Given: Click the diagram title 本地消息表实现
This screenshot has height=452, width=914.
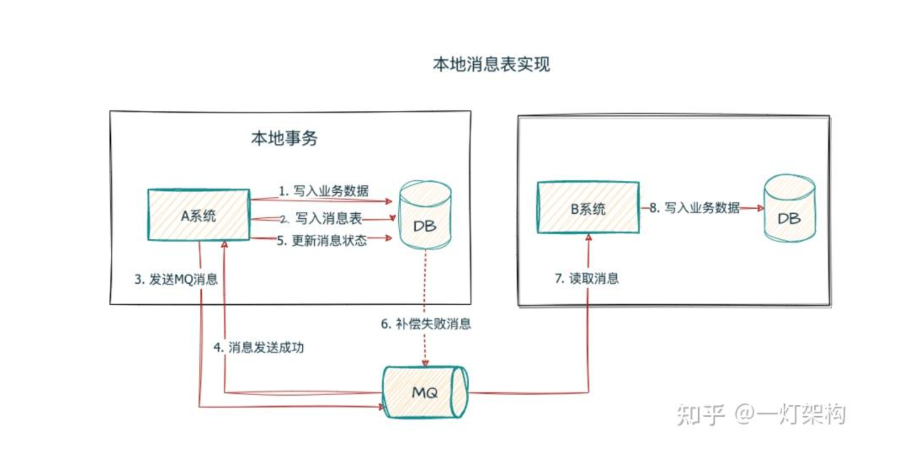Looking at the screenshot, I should (491, 64).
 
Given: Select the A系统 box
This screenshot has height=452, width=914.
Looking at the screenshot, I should (198, 215).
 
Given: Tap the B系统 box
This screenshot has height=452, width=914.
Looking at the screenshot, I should (588, 208).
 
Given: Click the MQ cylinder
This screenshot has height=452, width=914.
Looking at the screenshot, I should (424, 392).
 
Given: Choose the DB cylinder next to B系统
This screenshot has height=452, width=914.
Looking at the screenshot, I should (789, 209).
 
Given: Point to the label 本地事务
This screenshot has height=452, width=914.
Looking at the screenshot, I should (284, 138).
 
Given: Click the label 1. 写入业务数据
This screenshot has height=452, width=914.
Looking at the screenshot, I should (323, 190).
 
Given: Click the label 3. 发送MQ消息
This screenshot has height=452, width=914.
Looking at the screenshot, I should (176, 279).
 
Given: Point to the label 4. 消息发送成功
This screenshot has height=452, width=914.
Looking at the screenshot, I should (258, 347).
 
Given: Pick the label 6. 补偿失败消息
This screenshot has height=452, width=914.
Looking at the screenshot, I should (425, 324).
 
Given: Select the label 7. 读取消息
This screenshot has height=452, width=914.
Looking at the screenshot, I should (587, 279).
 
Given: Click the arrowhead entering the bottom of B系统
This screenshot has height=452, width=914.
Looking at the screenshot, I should (589, 238).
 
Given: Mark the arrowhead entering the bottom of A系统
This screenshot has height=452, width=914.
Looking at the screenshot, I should (224, 244).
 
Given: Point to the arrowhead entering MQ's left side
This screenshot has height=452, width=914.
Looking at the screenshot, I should (381, 406).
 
